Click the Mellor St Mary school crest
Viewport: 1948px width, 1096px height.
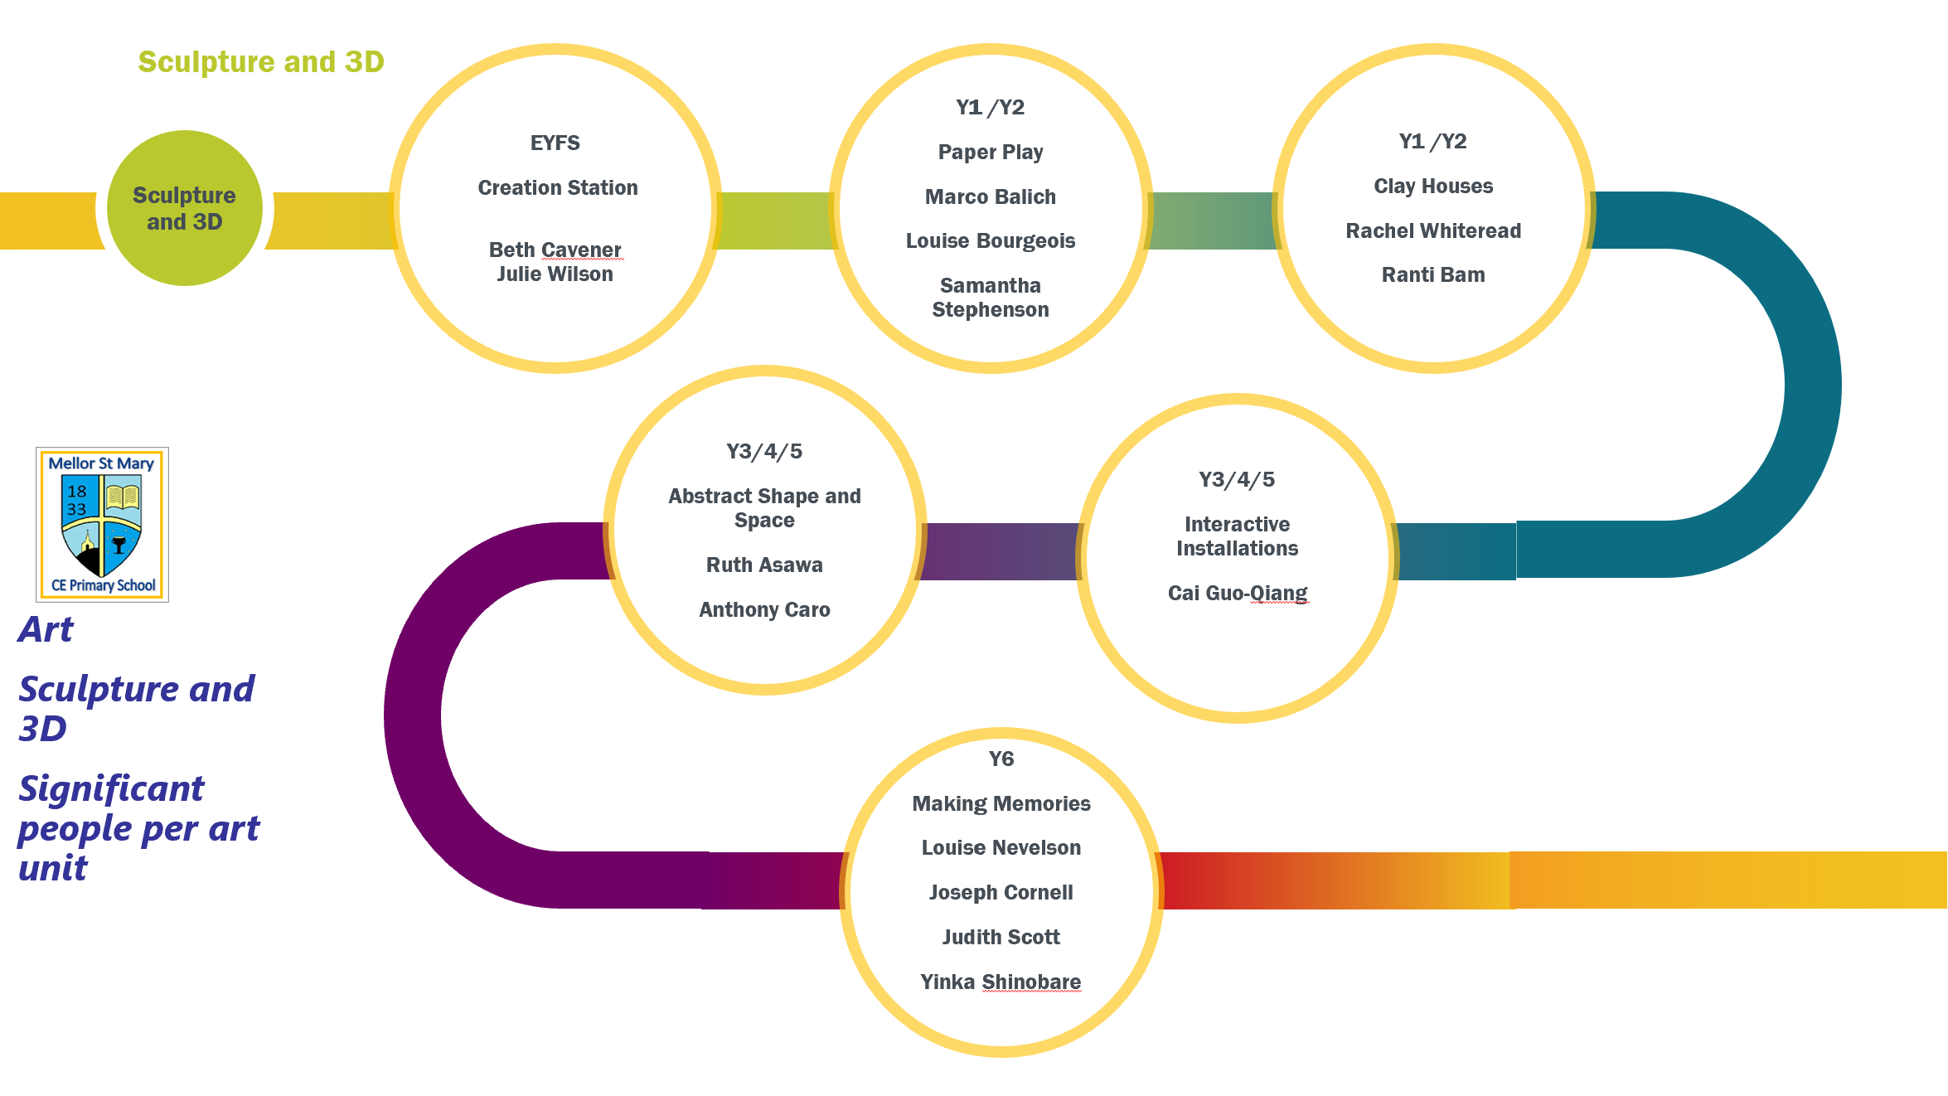(102, 524)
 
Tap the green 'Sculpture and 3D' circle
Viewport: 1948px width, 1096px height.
(185, 208)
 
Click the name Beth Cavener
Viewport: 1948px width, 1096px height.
(555, 250)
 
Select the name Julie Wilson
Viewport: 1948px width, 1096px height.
(555, 274)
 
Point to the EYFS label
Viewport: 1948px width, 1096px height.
(555, 143)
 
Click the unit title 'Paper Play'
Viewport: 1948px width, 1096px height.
(991, 153)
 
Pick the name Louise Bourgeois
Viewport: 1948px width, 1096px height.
(991, 241)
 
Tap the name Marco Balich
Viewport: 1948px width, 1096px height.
(991, 197)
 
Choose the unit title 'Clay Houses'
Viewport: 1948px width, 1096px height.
(1433, 187)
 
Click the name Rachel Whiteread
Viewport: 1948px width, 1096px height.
(1433, 231)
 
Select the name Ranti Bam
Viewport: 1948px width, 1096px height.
(1433, 275)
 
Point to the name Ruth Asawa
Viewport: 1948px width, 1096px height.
(764, 565)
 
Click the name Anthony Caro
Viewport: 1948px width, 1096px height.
(764, 610)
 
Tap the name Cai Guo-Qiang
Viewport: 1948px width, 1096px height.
(1238, 594)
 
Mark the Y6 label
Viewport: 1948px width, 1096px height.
(1001, 759)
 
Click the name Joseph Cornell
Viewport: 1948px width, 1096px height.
(1001, 893)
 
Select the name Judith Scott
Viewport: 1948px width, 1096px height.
(1001, 938)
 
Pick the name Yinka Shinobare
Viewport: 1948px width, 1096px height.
(1001, 982)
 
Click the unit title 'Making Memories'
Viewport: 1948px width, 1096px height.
(1001, 804)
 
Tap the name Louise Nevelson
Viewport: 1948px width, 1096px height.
(1001, 848)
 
